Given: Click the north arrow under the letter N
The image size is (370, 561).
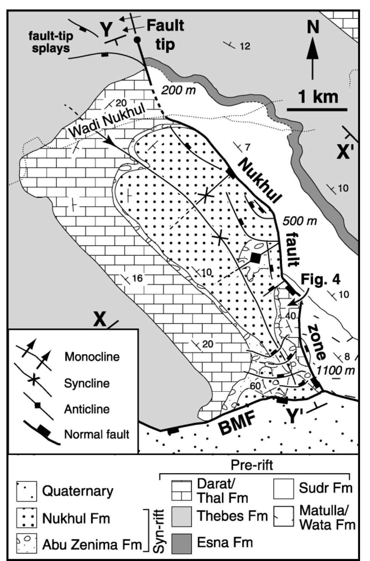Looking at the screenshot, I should pyautogui.click(x=313, y=57).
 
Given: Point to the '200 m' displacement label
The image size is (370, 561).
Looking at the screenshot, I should pyautogui.click(x=179, y=90).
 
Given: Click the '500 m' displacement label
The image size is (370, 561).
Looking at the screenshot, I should pyautogui.click(x=300, y=221).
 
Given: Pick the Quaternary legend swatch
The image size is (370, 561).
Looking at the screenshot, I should pyautogui.click(x=26, y=491).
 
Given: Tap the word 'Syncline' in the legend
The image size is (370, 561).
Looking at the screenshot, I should pyautogui.click(x=86, y=383).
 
